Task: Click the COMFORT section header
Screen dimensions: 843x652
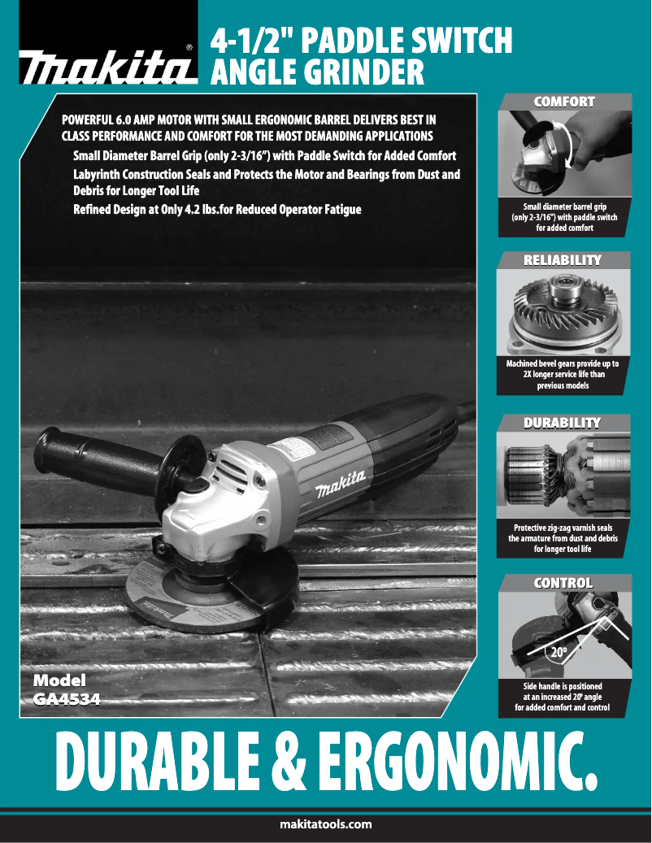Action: click(x=563, y=102)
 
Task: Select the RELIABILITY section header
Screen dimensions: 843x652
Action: click(x=563, y=260)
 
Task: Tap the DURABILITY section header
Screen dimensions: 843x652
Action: click(x=562, y=423)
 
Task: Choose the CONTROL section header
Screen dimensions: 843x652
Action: click(x=563, y=583)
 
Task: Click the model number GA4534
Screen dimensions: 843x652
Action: click(x=67, y=697)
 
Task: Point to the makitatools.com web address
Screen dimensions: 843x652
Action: click(x=325, y=824)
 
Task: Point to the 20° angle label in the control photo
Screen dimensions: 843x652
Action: click(x=558, y=652)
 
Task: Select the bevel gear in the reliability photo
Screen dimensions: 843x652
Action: click(x=561, y=313)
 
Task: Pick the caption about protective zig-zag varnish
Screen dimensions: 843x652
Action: click(x=562, y=538)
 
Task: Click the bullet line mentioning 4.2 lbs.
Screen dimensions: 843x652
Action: click(x=217, y=210)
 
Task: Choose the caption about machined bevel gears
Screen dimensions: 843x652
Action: click(x=562, y=375)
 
